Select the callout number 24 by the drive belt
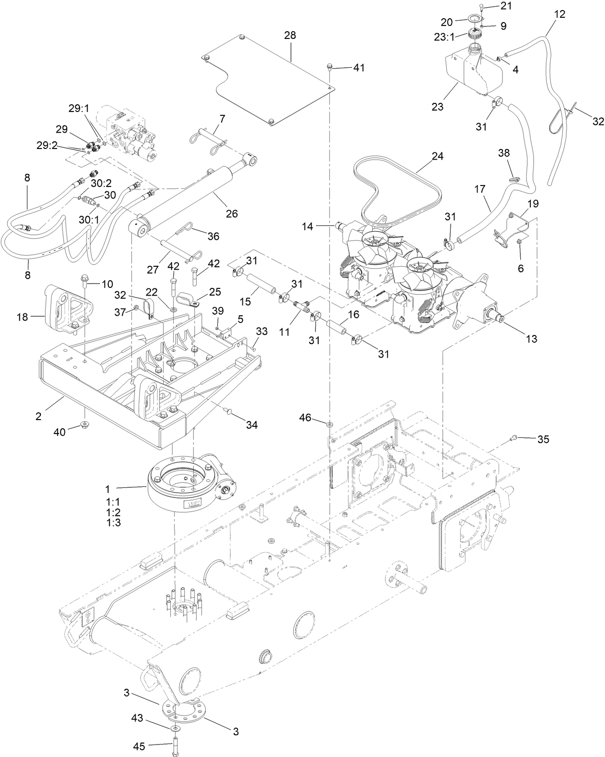437,157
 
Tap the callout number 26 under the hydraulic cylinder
232,213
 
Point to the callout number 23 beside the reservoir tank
437,107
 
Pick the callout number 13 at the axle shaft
531,339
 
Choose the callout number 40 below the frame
59,432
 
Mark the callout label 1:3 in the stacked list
113,522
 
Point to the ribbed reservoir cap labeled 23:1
475,36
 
